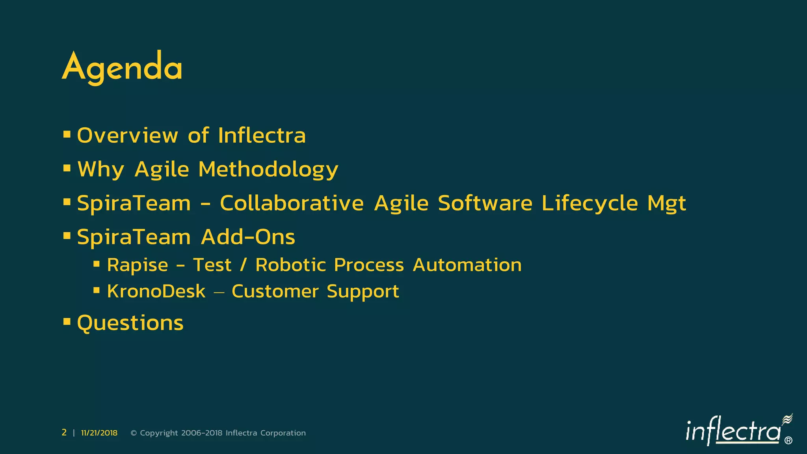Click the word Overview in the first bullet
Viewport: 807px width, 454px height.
coord(127,136)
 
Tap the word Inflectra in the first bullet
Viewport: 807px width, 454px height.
coord(262,136)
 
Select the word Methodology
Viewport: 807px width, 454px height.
coord(268,170)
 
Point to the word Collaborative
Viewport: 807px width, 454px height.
coord(292,203)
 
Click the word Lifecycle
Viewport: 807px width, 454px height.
coord(589,203)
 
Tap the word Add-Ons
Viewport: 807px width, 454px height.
coord(248,237)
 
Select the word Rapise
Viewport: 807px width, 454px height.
coord(138,265)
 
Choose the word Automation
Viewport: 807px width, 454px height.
coord(467,265)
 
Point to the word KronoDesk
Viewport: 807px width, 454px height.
coord(156,292)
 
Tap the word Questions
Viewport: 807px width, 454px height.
coord(130,323)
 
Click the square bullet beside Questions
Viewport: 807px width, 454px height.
coord(67,322)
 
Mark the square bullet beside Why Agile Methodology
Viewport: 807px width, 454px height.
coord(67,168)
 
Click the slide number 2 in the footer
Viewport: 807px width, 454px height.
coord(64,433)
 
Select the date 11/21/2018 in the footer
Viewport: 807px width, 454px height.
coord(99,433)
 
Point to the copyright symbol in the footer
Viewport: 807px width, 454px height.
coord(134,433)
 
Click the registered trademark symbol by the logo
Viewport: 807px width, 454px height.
coord(788,441)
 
